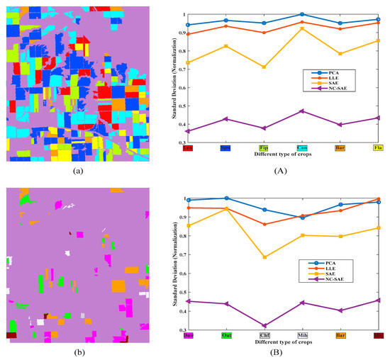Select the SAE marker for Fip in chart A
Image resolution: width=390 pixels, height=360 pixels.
(264, 67)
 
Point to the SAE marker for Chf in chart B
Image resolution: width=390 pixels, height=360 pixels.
(264, 257)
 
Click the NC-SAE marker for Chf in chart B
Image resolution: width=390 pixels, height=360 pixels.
(264, 326)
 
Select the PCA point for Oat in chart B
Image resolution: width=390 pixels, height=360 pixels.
(226, 198)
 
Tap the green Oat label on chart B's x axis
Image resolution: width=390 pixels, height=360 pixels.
(226, 335)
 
